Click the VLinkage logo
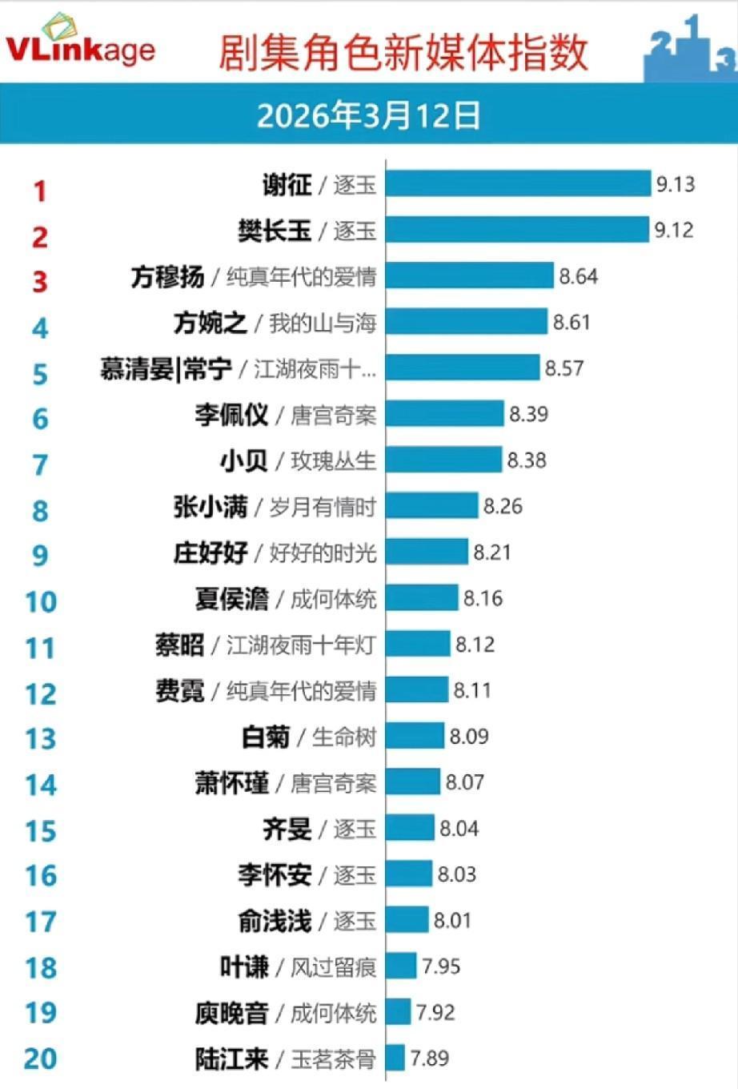[x=80, y=44]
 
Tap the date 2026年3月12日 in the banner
[x=368, y=116]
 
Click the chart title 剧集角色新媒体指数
[x=403, y=52]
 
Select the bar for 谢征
[x=518, y=184]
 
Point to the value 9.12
[x=674, y=231]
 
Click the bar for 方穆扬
[x=469, y=276]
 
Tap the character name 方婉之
[x=211, y=323]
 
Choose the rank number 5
[x=40, y=374]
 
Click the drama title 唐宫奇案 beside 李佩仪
[x=333, y=415]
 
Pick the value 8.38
[x=527, y=460]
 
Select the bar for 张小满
[x=431, y=506]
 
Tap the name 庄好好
[x=211, y=553]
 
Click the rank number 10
[x=41, y=602]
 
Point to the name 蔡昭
[x=179, y=645]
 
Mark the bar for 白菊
[x=415, y=736]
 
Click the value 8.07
[x=465, y=782]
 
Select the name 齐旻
[x=287, y=829]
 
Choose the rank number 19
[x=41, y=1013]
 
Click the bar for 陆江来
[x=395, y=1059]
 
